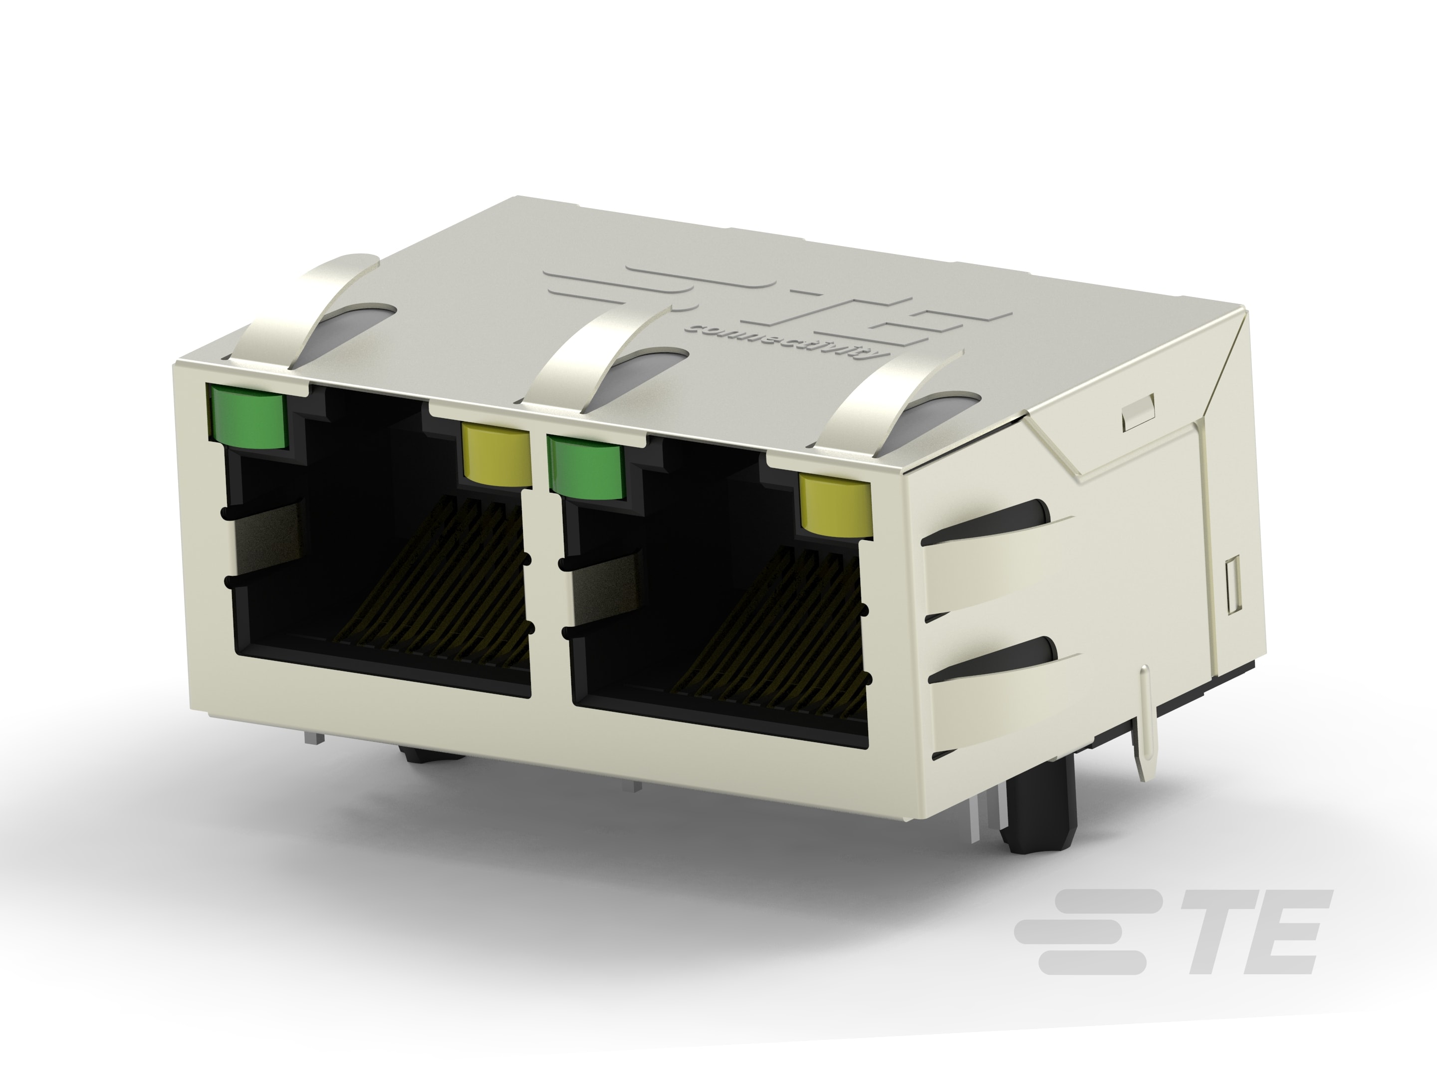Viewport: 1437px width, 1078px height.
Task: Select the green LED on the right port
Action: pos(585,467)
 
